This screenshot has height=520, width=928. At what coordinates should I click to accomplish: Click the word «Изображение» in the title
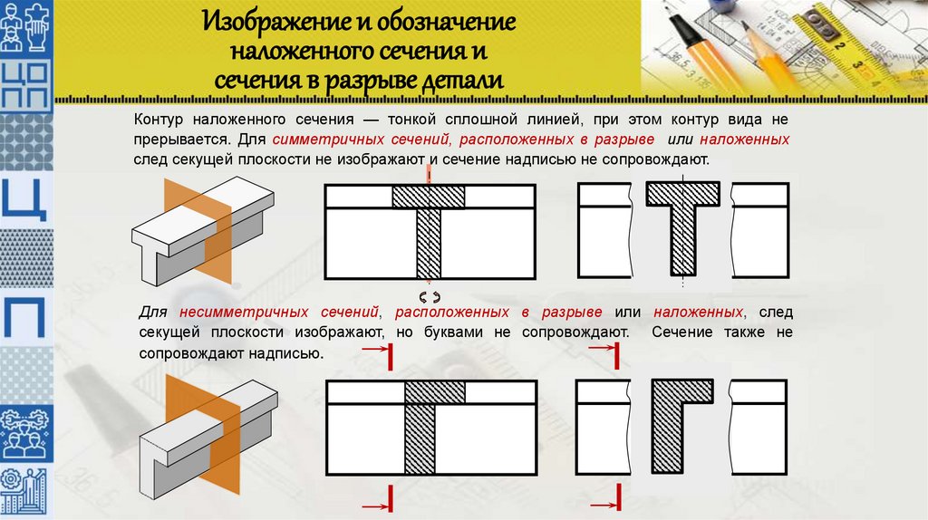click(275, 22)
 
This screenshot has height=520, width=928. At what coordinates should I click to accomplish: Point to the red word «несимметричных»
click(279, 312)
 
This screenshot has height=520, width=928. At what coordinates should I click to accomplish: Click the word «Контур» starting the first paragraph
click(159, 120)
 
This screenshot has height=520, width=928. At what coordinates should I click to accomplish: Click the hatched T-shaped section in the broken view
click(683, 228)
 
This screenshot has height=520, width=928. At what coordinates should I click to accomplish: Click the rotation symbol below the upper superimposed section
click(430, 296)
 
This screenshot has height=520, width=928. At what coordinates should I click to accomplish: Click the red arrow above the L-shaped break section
click(603, 348)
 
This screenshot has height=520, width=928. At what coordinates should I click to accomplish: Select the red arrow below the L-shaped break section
click(604, 506)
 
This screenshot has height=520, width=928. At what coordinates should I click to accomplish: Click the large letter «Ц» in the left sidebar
click(24, 198)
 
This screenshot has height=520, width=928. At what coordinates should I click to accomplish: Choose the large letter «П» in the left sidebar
click(24, 316)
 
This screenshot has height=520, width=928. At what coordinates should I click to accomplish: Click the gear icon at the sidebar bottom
click(10, 478)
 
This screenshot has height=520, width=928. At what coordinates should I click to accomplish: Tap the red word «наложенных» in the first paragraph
click(745, 140)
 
